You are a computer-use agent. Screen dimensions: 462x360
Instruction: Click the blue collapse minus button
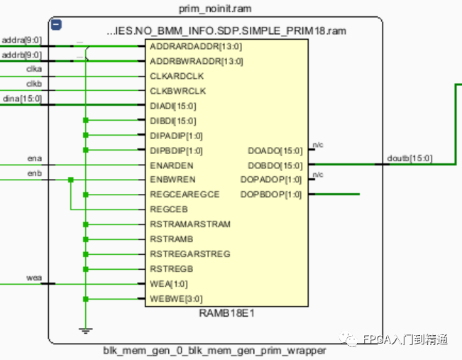tap(56, 24)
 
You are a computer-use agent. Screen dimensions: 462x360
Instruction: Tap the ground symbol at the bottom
tap(85, 330)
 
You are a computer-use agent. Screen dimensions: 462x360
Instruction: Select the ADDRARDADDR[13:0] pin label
tap(196, 47)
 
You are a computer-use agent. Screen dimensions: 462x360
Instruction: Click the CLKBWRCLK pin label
tap(177, 91)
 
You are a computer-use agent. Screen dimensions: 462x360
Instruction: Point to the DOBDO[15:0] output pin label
tap(275, 165)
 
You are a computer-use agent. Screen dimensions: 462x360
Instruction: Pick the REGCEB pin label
tap(169, 209)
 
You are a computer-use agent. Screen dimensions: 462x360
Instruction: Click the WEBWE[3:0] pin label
tap(176, 299)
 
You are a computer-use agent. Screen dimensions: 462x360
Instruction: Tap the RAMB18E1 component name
tap(226, 313)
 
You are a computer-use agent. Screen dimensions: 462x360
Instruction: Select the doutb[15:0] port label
tap(409, 158)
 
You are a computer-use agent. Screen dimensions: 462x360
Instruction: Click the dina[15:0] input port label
tap(22, 99)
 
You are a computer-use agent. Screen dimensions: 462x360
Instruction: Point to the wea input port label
tap(34, 278)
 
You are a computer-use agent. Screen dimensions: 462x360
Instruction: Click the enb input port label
tap(35, 173)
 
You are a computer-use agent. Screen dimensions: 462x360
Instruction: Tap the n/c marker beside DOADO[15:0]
tap(318, 145)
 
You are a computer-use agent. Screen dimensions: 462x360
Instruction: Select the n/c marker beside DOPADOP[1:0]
tap(318, 175)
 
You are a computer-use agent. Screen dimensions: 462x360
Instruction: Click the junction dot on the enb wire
tap(71, 180)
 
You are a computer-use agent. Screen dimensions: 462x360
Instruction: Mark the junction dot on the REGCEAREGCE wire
tap(86, 195)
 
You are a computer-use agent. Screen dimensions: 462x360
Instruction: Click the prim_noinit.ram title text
tap(215, 9)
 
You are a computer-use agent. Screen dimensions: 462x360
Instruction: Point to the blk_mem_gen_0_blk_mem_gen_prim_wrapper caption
tap(214, 351)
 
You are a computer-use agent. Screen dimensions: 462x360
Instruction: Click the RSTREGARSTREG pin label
tap(190, 254)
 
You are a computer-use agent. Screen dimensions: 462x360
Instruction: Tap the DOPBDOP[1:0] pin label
tap(271, 195)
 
